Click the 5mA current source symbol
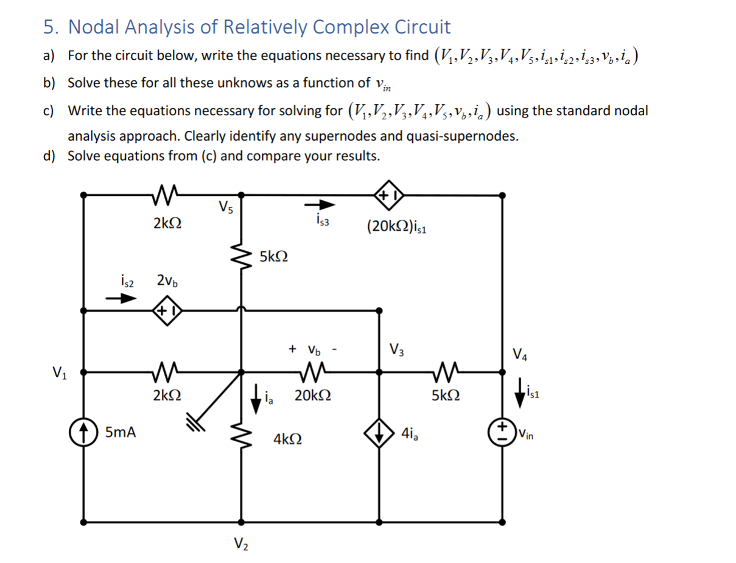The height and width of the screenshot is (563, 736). (x=83, y=433)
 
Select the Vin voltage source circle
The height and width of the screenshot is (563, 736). (x=503, y=433)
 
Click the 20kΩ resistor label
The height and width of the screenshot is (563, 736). (x=312, y=396)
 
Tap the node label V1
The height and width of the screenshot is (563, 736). (x=60, y=371)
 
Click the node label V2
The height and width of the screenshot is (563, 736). (x=241, y=544)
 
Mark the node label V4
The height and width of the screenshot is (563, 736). (x=520, y=353)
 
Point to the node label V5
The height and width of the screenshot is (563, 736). (x=224, y=207)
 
